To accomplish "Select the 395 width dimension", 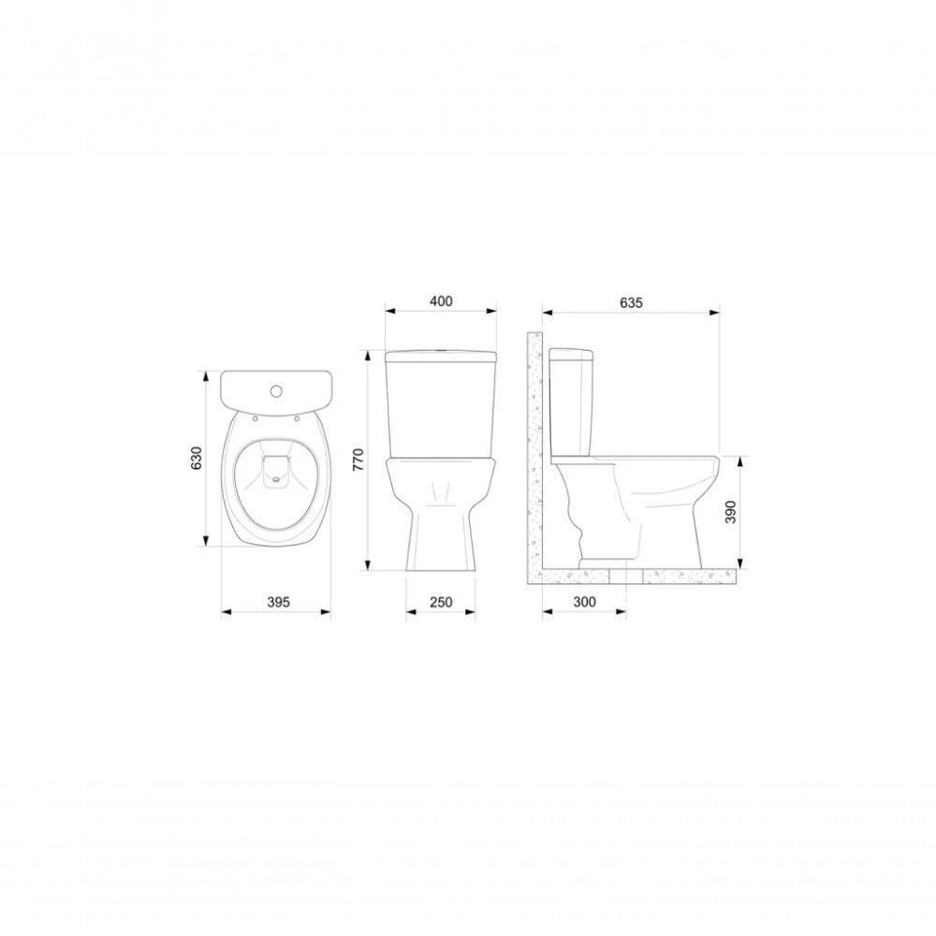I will pyautogui.click(x=275, y=602).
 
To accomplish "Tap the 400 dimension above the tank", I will pyautogui.click(x=440, y=301).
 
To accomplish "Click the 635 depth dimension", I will pyautogui.click(x=631, y=301).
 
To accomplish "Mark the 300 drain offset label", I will pyautogui.click(x=584, y=602).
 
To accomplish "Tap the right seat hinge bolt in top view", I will pyautogui.click(x=298, y=418).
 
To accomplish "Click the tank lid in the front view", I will pyautogui.click(x=440, y=356).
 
